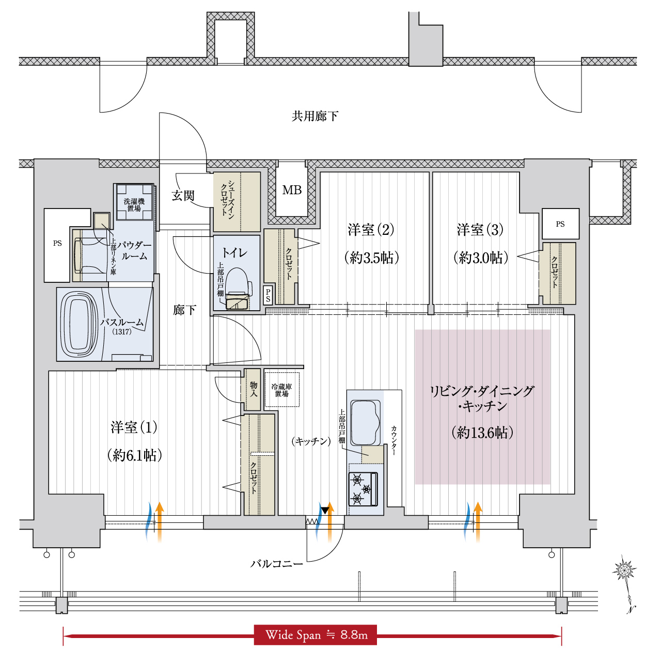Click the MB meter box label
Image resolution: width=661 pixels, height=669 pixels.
pos(292,190)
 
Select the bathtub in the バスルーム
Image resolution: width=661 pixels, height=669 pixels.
pos(79,324)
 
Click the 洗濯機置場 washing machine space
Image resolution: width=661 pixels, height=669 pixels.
pos(134,202)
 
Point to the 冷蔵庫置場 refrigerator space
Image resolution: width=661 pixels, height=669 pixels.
pos(281,389)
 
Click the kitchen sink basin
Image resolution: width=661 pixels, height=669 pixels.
pos(365,423)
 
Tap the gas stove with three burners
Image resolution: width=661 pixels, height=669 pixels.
pos(364,489)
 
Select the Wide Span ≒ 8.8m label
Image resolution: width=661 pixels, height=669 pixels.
pos(316,635)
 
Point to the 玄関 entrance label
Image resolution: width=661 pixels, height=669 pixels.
pos(183,196)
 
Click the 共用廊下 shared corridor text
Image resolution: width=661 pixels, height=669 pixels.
pos(315,116)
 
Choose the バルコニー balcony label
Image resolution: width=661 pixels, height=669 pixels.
pos(276,564)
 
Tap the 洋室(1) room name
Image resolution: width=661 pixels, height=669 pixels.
pos(134,427)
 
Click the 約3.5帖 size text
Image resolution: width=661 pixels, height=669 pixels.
pos(371,258)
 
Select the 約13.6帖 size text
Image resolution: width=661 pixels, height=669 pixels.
pos(482,433)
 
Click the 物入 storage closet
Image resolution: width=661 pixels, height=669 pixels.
pos(253,390)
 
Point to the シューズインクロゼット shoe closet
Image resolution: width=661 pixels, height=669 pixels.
pos(237,202)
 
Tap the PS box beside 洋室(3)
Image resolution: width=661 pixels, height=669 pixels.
pos(560,224)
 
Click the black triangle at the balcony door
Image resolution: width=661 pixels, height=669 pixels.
pos(325,511)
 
